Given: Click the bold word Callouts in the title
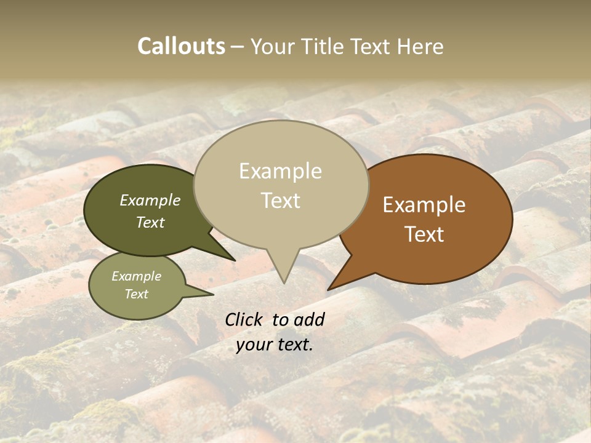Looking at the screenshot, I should click(181, 46).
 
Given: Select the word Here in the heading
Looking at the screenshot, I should click(421, 46).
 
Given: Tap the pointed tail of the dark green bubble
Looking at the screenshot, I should click(229, 257).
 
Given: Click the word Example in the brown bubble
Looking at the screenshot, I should click(424, 205).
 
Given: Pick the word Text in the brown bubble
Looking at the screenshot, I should click(424, 234).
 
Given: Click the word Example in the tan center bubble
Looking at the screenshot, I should click(280, 171).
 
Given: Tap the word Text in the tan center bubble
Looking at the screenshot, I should click(280, 201).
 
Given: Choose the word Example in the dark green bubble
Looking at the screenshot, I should click(150, 201).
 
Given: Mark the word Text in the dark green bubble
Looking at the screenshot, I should click(150, 222).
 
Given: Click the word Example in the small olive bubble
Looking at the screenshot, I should click(136, 276).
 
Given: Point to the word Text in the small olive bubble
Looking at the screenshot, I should click(136, 294).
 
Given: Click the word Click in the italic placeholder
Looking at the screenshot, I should click(244, 319).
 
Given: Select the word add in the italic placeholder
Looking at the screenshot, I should click(309, 319).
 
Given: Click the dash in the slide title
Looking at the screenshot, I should click(238, 47).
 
